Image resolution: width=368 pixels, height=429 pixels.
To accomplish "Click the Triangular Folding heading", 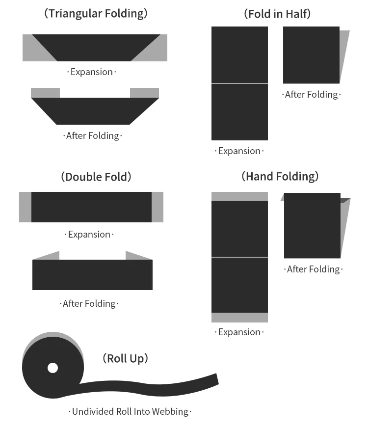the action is pyautogui.click(x=96, y=13).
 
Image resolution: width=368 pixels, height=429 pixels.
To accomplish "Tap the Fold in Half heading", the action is pyautogui.click(x=277, y=14).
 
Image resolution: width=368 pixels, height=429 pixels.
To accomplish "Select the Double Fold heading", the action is pyautogui.click(x=96, y=177).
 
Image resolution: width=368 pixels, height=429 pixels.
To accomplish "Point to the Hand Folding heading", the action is pyautogui.click(x=280, y=176).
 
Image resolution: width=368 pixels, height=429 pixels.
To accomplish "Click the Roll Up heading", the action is pyautogui.click(x=125, y=358).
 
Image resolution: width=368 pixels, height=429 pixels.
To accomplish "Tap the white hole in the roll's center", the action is pyautogui.click(x=53, y=368).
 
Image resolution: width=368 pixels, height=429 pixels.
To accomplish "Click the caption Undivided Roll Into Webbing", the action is pyautogui.click(x=130, y=411).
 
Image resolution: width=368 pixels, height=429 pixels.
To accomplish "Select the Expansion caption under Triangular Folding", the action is pyautogui.click(x=92, y=72).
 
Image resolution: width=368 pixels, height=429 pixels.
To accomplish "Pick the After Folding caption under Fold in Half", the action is pyautogui.click(x=312, y=94).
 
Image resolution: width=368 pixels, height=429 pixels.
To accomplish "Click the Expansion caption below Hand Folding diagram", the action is pyautogui.click(x=239, y=332).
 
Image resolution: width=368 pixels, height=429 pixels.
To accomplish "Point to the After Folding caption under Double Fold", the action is pyautogui.click(x=89, y=303).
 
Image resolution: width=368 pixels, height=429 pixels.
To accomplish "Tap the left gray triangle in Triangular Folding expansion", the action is pyautogui.click(x=34, y=52).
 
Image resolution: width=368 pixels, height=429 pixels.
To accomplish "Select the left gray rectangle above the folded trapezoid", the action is pyautogui.click(x=45, y=92).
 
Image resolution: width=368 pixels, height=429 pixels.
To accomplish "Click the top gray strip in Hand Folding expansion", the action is pyautogui.click(x=239, y=196).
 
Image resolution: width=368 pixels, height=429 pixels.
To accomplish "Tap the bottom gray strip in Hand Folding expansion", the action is pyautogui.click(x=239, y=318).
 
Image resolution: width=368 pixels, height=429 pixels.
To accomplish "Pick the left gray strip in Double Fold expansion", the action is pyautogui.click(x=25, y=207).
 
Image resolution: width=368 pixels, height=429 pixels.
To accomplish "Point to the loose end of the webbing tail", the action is pyautogui.click(x=214, y=379).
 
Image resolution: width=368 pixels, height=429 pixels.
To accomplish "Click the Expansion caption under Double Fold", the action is pyautogui.click(x=89, y=234).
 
